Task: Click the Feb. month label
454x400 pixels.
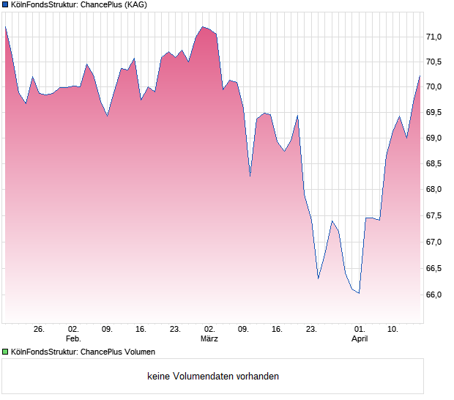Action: pos(73,339)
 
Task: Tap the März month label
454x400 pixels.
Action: pos(209,339)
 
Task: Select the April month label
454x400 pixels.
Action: pos(360,339)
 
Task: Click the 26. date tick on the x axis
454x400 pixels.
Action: pos(39,330)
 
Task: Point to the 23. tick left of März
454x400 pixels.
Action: pos(175,330)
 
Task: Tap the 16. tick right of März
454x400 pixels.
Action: pos(277,330)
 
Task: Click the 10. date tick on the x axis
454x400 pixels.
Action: pos(393,330)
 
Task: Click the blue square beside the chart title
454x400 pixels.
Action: pos(5,5)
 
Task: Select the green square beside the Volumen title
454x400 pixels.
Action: pos(5,352)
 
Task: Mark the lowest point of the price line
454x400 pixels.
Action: pos(359,293)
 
